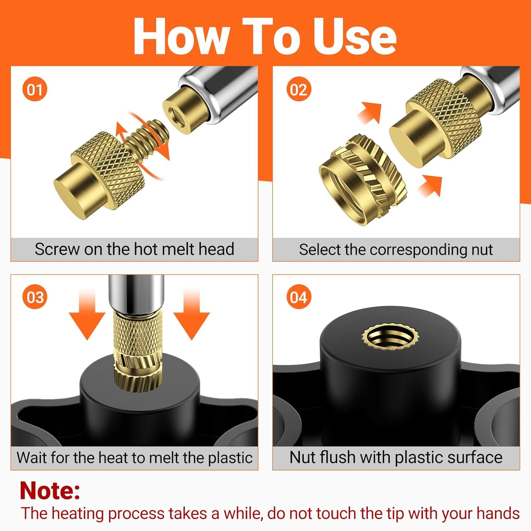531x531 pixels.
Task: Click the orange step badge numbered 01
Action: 35,89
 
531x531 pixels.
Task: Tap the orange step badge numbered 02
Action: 298,89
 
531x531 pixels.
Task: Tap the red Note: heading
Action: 50,491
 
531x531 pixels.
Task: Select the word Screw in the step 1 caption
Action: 57,249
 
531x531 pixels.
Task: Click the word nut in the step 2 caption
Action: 482,250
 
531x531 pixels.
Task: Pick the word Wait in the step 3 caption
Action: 34,457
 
